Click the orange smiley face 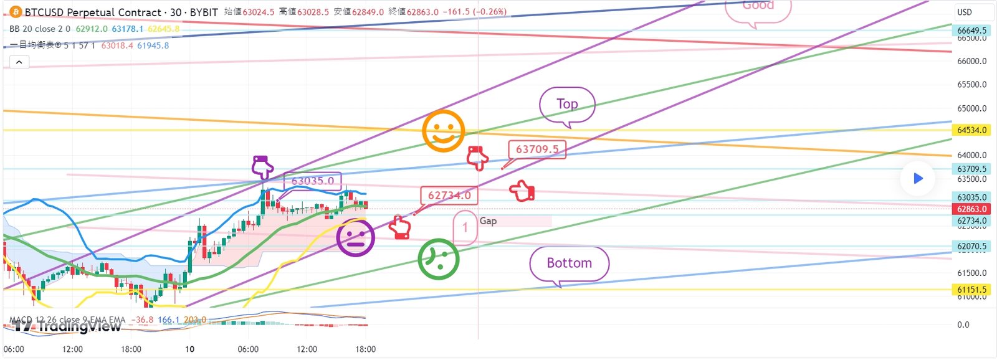coord(443,131)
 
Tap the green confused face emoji coord(439,258)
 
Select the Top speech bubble coord(567,105)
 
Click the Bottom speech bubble coord(569,263)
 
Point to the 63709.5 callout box coord(537,149)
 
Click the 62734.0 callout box coord(449,196)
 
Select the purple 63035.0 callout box coord(312,181)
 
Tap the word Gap coord(488,221)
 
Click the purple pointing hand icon coord(262,167)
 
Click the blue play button coord(917,179)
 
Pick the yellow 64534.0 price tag coord(971,130)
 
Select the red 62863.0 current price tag coord(971,209)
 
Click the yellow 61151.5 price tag coord(971,290)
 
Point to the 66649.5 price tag coord(971,31)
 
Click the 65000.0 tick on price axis coord(971,108)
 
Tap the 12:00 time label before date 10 coord(72,349)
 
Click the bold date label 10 coord(189,349)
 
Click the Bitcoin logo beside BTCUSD coord(16,12)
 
